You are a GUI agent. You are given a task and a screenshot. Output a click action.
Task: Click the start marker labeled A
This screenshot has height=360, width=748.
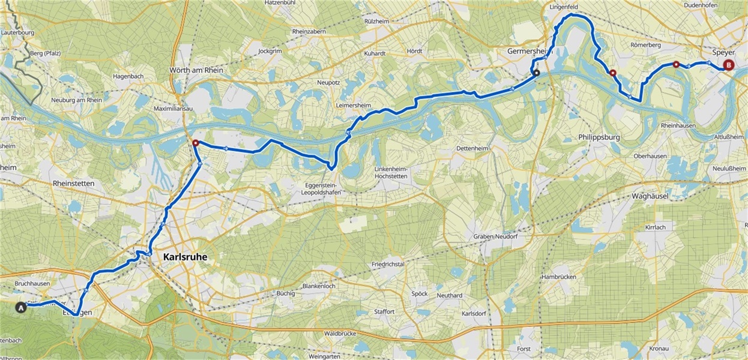pyautogui.click(x=22, y=307)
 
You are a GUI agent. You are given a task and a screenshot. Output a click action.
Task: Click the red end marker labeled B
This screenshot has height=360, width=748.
pyautogui.click(x=728, y=65)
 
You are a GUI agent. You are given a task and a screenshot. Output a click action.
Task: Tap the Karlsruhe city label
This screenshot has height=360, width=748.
pyautogui.click(x=185, y=257)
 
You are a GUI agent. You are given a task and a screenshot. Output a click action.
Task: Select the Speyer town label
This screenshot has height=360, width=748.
pyautogui.click(x=723, y=53)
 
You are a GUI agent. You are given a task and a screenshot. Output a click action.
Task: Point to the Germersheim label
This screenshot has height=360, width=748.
pyautogui.click(x=529, y=52)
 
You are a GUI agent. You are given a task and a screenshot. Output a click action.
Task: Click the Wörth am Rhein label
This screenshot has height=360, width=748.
pyautogui.click(x=196, y=70)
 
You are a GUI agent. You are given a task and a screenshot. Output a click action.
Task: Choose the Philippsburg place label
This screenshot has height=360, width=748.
pyautogui.click(x=599, y=137)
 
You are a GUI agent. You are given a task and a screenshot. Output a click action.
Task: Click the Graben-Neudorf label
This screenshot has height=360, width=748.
pyautogui.click(x=495, y=236)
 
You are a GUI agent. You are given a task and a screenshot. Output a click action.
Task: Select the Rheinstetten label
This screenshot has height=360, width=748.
pyautogui.click(x=73, y=183)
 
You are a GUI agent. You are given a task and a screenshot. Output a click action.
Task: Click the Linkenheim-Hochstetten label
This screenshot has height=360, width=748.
pyautogui.click(x=391, y=172)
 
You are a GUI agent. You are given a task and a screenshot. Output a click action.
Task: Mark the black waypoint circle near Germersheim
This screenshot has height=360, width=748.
pyautogui.click(x=537, y=73)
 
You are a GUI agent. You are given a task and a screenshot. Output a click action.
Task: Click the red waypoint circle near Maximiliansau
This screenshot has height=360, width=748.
pyautogui.click(x=195, y=143)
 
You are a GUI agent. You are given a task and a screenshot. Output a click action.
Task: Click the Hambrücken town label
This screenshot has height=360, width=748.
pyautogui.click(x=558, y=277)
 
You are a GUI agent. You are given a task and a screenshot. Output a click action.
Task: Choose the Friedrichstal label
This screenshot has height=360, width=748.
pyautogui.click(x=388, y=264)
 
